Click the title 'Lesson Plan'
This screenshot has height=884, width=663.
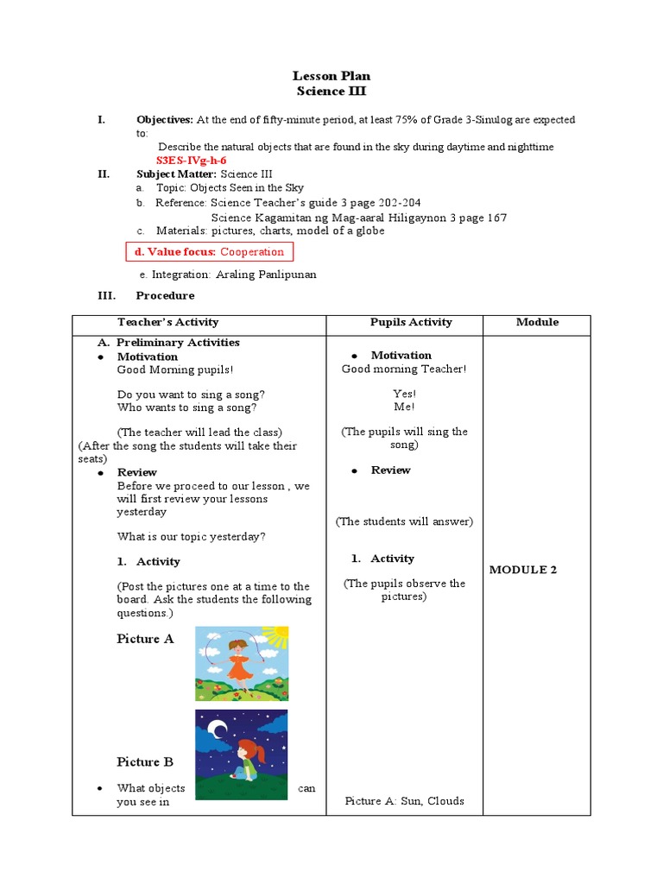pyautogui.click(x=331, y=76)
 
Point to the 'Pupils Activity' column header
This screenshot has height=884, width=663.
pyautogui.click(x=411, y=322)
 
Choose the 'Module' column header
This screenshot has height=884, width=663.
pyautogui.click(x=537, y=322)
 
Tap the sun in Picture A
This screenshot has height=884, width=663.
pyautogui.click(x=274, y=638)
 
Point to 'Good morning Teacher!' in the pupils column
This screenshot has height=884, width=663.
pyautogui.click(x=404, y=369)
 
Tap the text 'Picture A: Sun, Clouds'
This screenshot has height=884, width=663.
pyautogui.click(x=404, y=801)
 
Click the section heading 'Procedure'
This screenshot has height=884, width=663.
pyautogui.click(x=165, y=295)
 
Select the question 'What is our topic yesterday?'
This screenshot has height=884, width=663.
pyautogui.click(x=192, y=536)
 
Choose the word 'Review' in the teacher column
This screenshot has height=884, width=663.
pyautogui.click(x=137, y=472)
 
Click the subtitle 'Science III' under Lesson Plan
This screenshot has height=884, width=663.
pyautogui.click(x=331, y=92)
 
